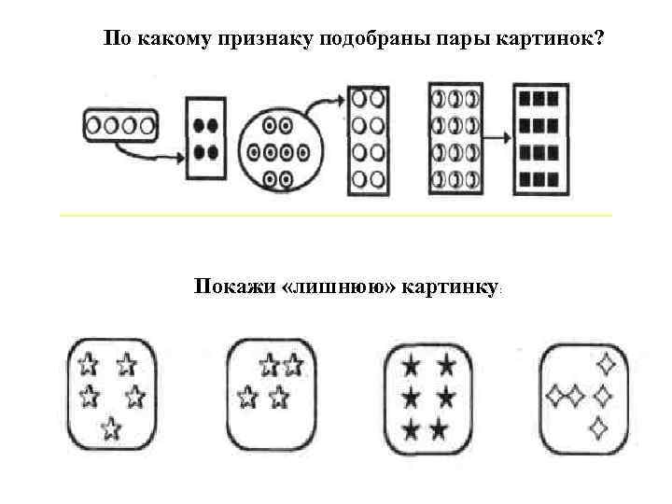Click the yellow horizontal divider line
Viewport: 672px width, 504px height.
click(336, 216)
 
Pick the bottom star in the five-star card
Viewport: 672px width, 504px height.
click(111, 428)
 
